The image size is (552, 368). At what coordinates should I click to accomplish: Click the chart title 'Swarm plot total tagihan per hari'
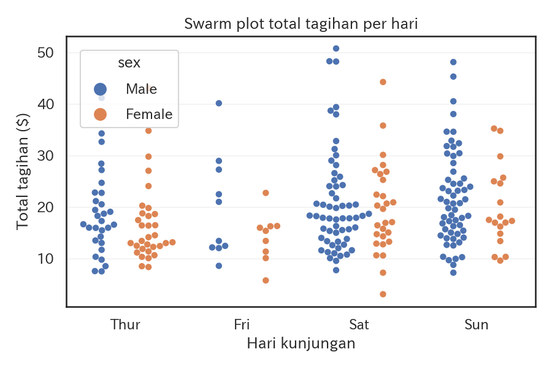(x=301, y=25)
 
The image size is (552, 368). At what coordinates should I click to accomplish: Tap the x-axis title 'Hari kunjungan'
(x=301, y=343)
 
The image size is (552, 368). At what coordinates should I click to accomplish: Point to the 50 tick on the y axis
(x=45, y=53)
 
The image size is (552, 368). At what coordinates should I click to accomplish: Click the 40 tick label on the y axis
(x=45, y=104)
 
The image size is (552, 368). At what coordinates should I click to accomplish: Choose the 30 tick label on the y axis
(x=45, y=156)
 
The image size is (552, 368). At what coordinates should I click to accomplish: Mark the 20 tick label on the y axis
(x=45, y=207)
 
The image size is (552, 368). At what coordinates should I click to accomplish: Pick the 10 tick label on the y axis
(x=45, y=259)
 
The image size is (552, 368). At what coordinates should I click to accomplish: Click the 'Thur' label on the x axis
(x=125, y=324)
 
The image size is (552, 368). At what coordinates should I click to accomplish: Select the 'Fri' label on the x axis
(x=242, y=324)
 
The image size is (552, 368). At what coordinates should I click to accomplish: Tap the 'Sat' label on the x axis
(x=359, y=324)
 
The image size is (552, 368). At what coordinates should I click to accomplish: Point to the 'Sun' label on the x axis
(x=477, y=324)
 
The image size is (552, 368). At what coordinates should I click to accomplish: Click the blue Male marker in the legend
(x=100, y=90)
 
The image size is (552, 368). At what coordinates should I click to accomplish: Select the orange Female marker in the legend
(x=100, y=114)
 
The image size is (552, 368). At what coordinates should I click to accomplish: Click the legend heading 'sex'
(x=129, y=63)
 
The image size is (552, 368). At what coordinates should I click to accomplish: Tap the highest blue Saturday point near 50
(x=336, y=48)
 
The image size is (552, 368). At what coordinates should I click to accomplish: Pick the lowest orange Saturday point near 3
(x=383, y=294)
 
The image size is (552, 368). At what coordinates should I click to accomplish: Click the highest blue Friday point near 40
(x=219, y=103)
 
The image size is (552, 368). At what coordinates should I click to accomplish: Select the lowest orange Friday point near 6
(x=266, y=280)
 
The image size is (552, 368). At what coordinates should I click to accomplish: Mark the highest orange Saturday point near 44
(x=383, y=82)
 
